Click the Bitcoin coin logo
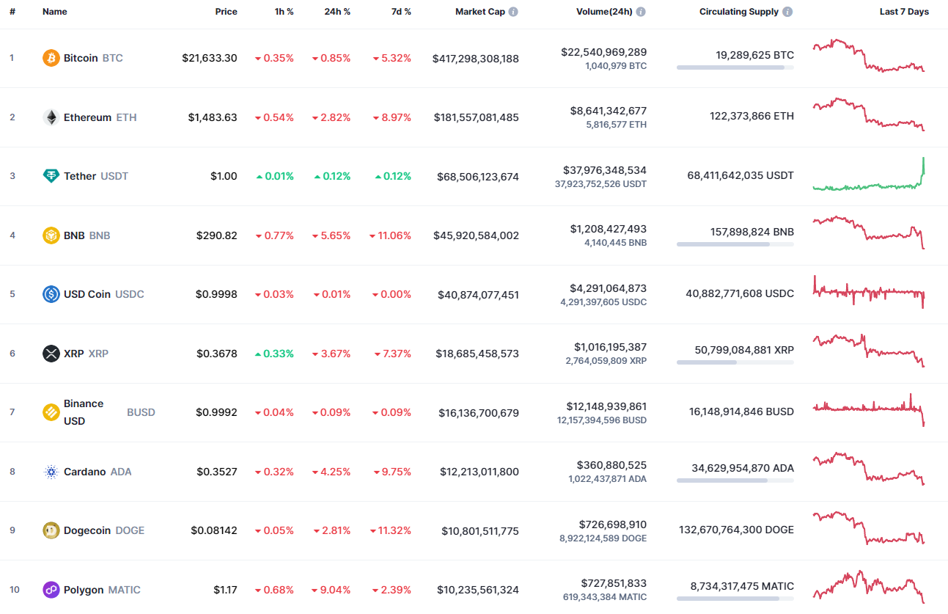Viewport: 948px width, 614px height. coord(51,58)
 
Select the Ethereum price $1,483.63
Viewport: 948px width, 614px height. coord(213,117)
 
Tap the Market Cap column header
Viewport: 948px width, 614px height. coord(479,12)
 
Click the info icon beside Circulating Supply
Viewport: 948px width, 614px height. coord(787,12)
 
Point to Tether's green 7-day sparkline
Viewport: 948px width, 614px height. coord(869,177)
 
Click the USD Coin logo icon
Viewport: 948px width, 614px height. coord(51,294)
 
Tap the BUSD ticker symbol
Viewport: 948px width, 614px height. coord(141,412)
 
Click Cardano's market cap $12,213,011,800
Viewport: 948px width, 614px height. coord(479,472)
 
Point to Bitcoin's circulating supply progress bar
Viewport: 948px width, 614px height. coord(735,67)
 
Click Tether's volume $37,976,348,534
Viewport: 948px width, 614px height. coord(603,170)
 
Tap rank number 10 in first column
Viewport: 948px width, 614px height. coord(14,590)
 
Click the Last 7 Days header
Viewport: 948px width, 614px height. coord(904,12)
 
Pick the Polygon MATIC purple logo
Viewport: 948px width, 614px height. coord(51,590)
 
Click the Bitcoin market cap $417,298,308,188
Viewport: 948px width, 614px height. coord(475,58)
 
